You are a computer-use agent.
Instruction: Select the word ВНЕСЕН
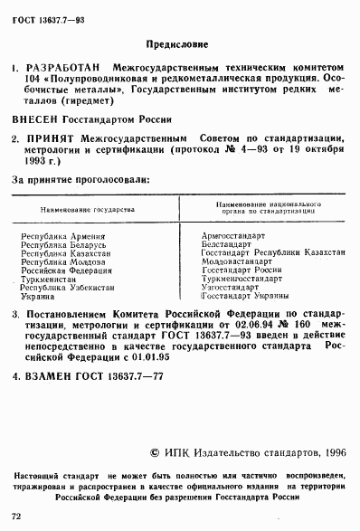pyautogui.click(x=38, y=119)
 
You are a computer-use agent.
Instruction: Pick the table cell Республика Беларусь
pyautogui.click(x=63, y=245)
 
